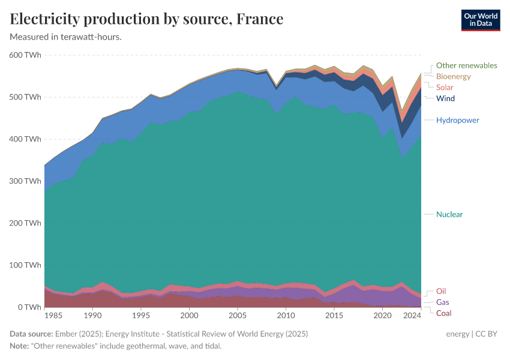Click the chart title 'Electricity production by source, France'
tap(146, 19)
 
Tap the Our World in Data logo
tap(480, 20)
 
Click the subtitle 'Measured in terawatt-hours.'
tap(66, 37)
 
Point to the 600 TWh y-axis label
tap(25, 55)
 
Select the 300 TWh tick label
tap(25, 181)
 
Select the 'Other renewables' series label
tap(466, 65)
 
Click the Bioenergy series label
tap(453, 76)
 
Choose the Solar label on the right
tap(445, 88)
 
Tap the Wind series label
tap(445, 98)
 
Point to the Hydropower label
tap(457, 120)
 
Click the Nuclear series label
tap(449, 214)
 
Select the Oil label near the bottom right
tap(441, 292)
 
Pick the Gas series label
tap(443, 302)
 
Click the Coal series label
tap(443, 313)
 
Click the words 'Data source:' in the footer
tap(31, 334)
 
